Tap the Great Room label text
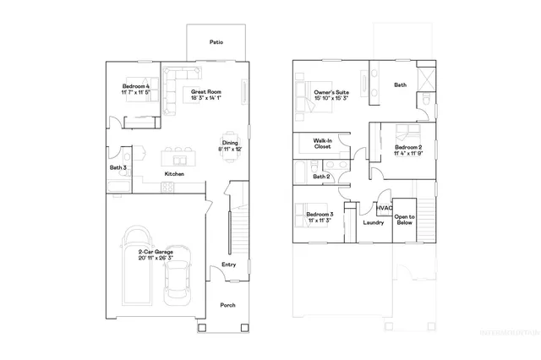click(205, 91)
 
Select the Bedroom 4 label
click(136, 86)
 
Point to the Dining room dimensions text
click(232, 149)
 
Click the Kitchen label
click(174, 174)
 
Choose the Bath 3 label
click(117, 167)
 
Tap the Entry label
click(228, 265)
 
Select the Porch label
click(228, 305)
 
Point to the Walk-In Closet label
click(322, 144)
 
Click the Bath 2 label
click(321, 177)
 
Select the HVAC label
click(385, 207)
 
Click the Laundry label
click(373, 223)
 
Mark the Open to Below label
click(405, 220)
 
